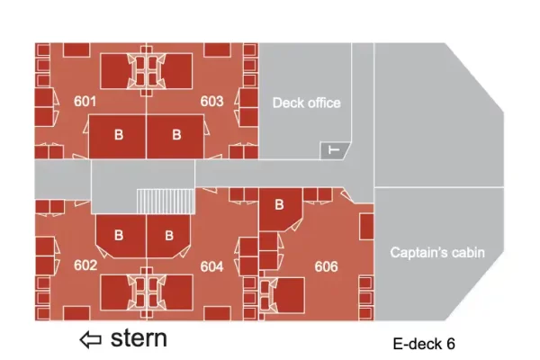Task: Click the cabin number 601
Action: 85,102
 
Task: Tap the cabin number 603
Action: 211,102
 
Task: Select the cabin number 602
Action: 85,265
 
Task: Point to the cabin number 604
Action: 211,266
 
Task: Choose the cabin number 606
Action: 326,266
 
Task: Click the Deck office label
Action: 307,103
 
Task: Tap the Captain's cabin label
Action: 437,253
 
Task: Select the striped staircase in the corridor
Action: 166,202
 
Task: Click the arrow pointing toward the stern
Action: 91,339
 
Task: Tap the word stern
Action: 139,338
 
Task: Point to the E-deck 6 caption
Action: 424,344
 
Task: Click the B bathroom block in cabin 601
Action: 117,137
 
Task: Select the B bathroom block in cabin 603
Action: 175,137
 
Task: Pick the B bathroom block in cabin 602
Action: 121,236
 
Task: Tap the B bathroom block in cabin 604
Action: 168,236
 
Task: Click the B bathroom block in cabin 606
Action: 280,210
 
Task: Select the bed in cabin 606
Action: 289,295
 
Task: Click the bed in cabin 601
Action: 115,71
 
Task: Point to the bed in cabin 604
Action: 177,292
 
